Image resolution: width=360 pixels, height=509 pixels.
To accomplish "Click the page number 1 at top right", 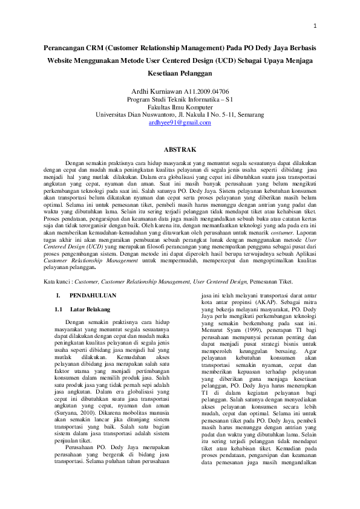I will (316, 27).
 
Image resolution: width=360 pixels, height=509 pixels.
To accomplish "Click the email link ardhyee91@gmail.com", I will (180, 122).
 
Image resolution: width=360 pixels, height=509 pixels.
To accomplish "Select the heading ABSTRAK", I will (180, 148).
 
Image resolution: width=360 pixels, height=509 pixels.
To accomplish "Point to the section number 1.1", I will (59, 309).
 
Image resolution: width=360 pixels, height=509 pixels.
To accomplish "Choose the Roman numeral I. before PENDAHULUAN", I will (57, 296).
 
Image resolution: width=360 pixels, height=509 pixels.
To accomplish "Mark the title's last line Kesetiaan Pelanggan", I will (180, 73).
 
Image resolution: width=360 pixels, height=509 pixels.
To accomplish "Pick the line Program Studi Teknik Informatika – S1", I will (180, 99).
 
